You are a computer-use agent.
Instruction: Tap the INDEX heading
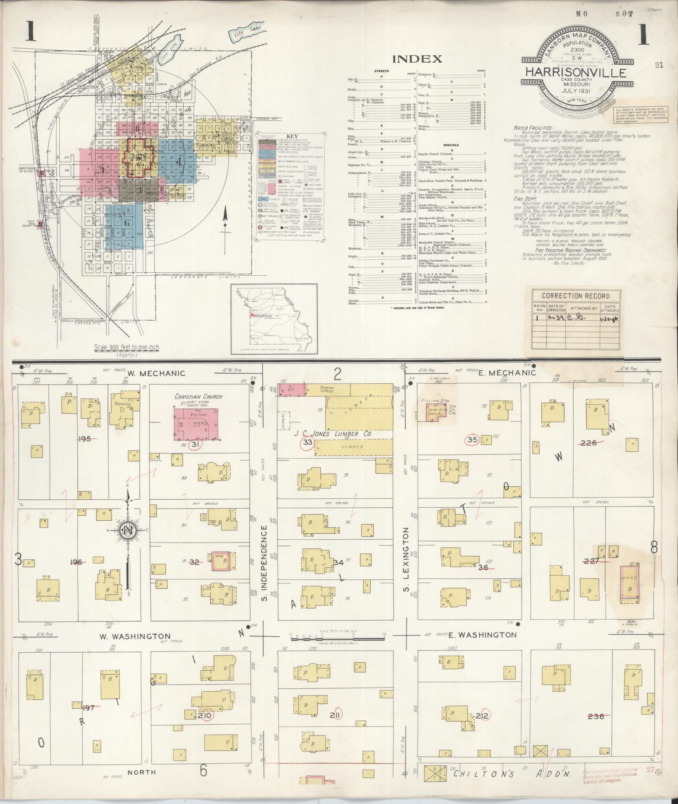coord(417,59)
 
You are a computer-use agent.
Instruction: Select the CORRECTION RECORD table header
coord(575,296)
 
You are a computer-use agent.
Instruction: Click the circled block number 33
coord(308,443)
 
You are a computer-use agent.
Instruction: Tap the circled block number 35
coord(472,440)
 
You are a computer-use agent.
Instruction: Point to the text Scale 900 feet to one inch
coord(127,347)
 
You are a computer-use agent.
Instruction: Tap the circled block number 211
coord(336,714)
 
